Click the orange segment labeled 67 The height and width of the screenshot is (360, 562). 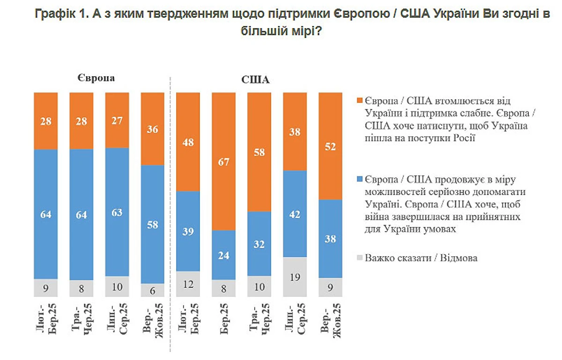(x=223, y=161)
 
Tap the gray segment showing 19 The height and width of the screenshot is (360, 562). (x=295, y=277)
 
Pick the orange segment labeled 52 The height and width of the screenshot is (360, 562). (x=330, y=146)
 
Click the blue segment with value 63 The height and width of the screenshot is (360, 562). (x=117, y=212)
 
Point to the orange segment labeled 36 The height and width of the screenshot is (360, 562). (x=152, y=129)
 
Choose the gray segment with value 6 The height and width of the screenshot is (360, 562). (x=152, y=290)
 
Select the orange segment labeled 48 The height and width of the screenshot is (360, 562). (x=188, y=142)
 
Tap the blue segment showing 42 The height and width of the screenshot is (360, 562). (x=295, y=213)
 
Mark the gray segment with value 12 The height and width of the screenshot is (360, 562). (x=188, y=284)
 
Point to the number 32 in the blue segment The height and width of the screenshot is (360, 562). (x=259, y=243)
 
